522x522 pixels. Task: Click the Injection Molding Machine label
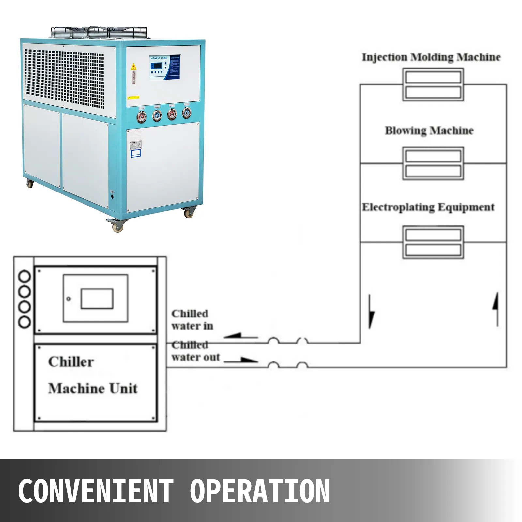pyautogui.click(x=431, y=57)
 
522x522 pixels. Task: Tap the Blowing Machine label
pyautogui.click(x=429, y=130)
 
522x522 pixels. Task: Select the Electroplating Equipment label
pyautogui.click(x=428, y=207)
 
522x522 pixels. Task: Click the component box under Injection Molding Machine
pyautogui.click(x=433, y=84)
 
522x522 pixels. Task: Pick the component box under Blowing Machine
pyautogui.click(x=433, y=163)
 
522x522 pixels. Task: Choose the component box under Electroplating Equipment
pyautogui.click(x=433, y=242)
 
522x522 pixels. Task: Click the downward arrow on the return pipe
pyautogui.click(x=371, y=312)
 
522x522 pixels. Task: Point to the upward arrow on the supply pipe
pyautogui.click(x=496, y=308)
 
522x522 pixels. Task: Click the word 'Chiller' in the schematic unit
pyautogui.click(x=71, y=362)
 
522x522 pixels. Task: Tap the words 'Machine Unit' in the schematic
pyautogui.click(x=93, y=388)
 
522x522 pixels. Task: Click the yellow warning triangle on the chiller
pyautogui.click(x=133, y=67)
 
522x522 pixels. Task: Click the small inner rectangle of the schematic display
pyautogui.click(x=97, y=298)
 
